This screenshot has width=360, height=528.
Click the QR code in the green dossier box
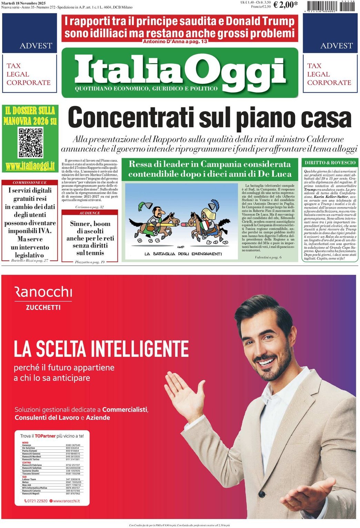tap(31, 143)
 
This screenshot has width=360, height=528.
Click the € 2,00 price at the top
tap(285, 4)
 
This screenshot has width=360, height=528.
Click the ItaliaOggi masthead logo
tap(180, 72)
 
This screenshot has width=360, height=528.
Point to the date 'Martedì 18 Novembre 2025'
tap(23, 3)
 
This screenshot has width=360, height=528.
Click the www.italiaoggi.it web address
tap(30, 166)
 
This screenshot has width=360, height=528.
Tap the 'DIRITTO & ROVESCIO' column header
tap(330, 163)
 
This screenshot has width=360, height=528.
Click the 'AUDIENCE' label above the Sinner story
tap(90, 213)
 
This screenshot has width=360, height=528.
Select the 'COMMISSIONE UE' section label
tap(29, 182)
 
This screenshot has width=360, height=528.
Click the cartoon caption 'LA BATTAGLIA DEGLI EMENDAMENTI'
tap(183, 254)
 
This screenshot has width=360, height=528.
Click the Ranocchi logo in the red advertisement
tap(43, 292)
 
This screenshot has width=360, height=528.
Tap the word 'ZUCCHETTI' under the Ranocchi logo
tap(43, 307)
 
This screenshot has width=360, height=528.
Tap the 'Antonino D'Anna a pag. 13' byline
tap(175, 42)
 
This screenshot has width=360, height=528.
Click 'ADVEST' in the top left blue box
tap(36, 45)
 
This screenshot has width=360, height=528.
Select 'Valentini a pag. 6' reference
tap(268, 257)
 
